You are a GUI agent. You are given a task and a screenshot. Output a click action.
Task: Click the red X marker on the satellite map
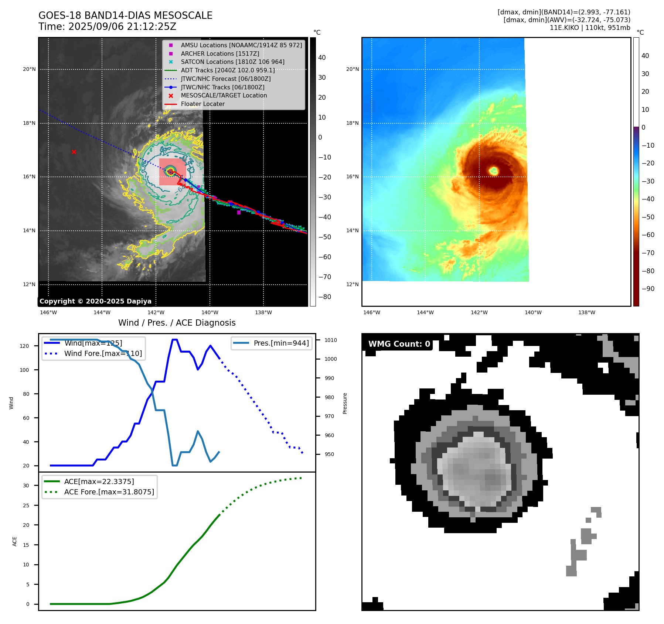pyautogui.click(x=74, y=152)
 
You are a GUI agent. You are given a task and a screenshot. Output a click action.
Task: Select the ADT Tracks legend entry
pyautogui.click(x=228, y=70)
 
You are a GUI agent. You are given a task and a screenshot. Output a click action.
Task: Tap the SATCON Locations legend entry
pyautogui.click(x=232, y=62)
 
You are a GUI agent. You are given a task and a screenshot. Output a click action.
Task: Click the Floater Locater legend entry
pyautogui.click(x=202, y=104)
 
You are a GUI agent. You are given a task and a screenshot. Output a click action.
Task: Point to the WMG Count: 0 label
pyautogui.click(x=399, y=344)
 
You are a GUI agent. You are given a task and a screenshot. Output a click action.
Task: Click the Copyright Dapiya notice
pyautogui.click(x=95, y=301)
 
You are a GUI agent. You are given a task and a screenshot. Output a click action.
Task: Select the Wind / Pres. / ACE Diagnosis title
pyautogui.click(x=177, y=323)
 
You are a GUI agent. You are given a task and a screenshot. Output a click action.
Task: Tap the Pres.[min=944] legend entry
pyautogui.click(x=281, y=343)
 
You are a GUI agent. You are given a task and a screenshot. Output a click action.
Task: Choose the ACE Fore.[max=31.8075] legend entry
pyautogui.click(x=109, y=492)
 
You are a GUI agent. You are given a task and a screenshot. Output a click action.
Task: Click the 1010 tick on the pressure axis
pyautogui.click(x=331, y=340)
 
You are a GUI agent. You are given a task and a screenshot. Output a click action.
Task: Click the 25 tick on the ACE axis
pyautogui.click(x=26, y=505)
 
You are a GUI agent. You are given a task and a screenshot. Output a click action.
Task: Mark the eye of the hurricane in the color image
pyautogui.click(x=494, y=171)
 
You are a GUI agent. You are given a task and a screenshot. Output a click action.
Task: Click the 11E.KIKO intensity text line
pyautogui.click(x=590, y=28)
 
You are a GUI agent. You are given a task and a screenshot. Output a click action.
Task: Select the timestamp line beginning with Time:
pyautogui.click(x=107, y=27)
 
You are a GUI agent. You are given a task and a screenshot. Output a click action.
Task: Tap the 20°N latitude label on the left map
pyautogui.click(x=29, y=69)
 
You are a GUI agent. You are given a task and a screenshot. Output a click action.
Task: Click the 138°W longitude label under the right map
pyautogui.click(x=587, y=312)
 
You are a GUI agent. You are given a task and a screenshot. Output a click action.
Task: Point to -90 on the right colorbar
pyautogui.click(x=648, y=289)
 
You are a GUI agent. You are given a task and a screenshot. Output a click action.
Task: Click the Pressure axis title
pyautogui.click(x=345, y=403)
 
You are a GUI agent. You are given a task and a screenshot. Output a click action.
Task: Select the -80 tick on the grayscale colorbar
pyautogui.click(x=325, y=297)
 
